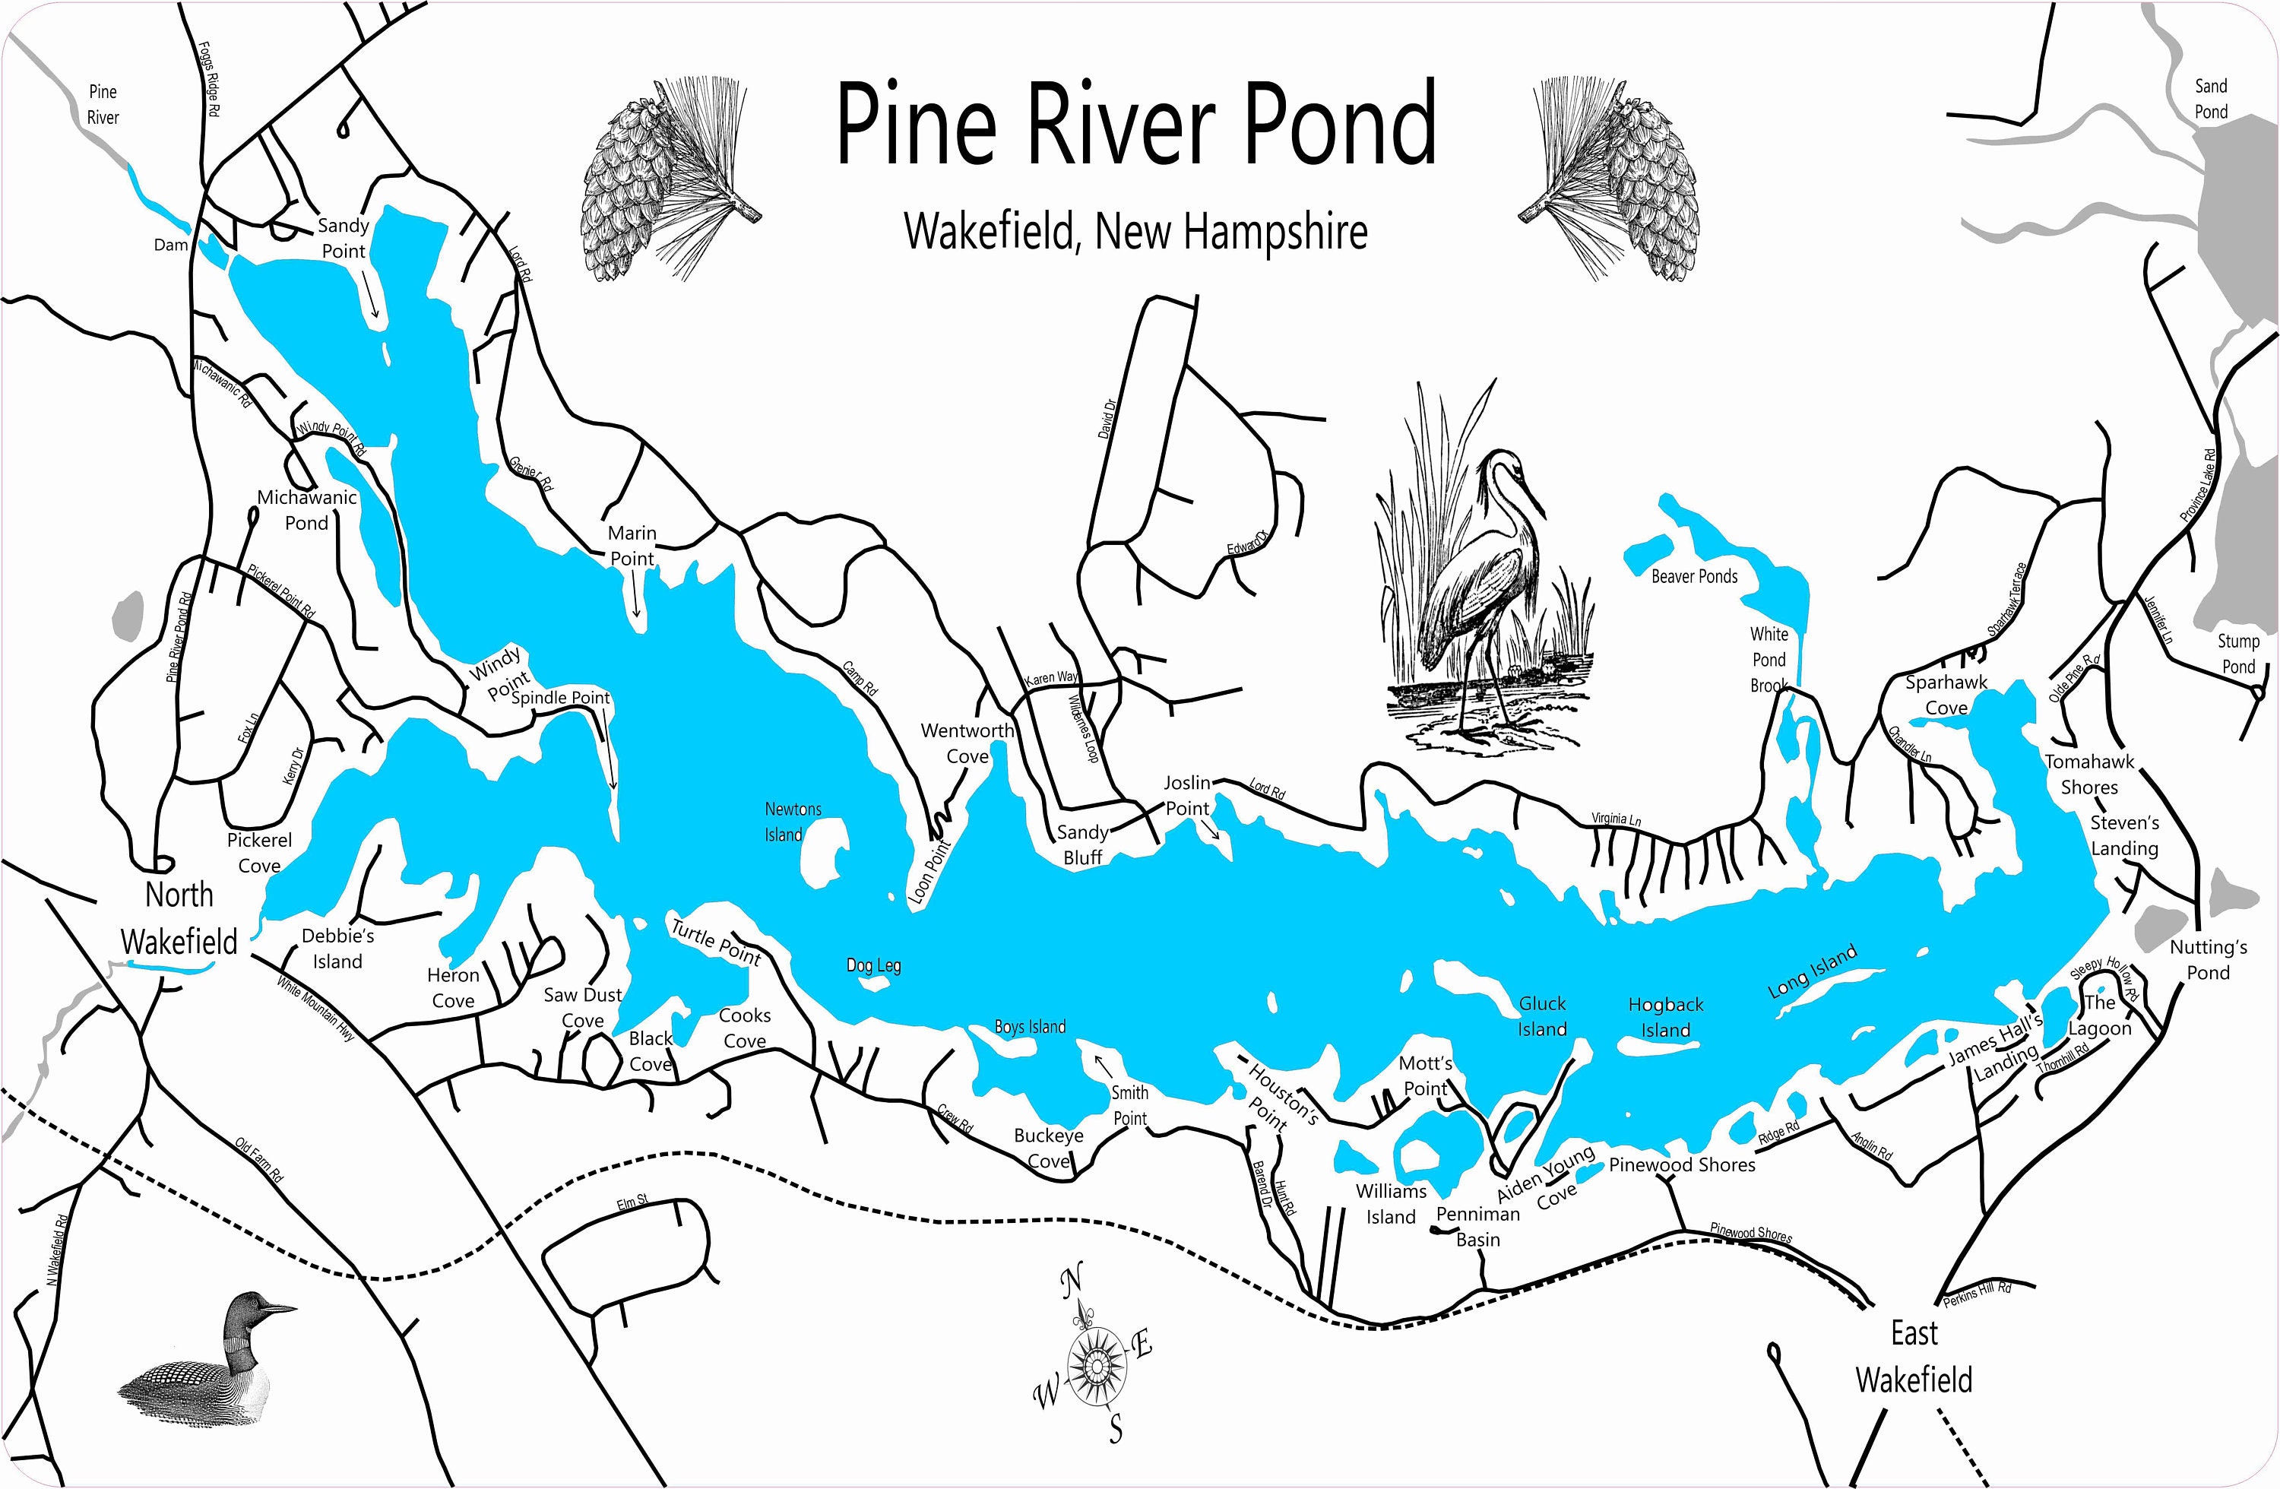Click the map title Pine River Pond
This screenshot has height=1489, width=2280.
[1136, 125]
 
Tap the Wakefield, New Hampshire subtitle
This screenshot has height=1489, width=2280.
[1136, 232]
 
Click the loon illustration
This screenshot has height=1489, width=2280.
[206, 1355]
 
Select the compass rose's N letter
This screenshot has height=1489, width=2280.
[1071, 1280]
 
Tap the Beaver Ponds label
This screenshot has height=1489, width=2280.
[1694, 577]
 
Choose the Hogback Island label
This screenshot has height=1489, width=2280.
[1666, 1018]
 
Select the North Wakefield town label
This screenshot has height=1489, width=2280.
[179, 918]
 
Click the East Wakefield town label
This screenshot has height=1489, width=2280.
[1914, 1356]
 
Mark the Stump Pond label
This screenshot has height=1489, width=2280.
[2238, 654]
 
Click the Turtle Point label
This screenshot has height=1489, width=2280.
[716, 943]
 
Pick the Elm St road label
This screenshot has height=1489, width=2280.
[632, 1202]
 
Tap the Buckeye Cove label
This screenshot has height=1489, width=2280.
[1048, 1148]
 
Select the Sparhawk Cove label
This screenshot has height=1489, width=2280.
[1946, 695]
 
